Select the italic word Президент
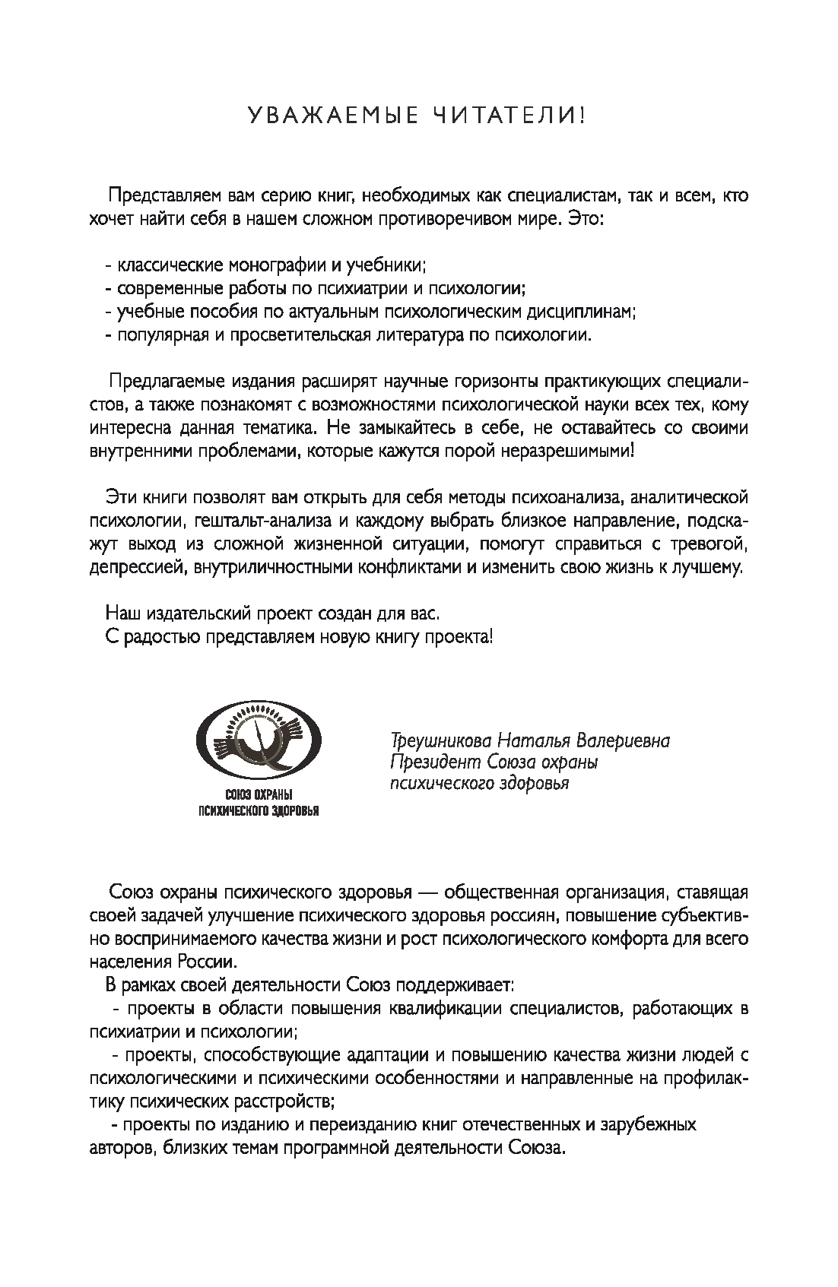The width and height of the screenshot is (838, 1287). (423, 762)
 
